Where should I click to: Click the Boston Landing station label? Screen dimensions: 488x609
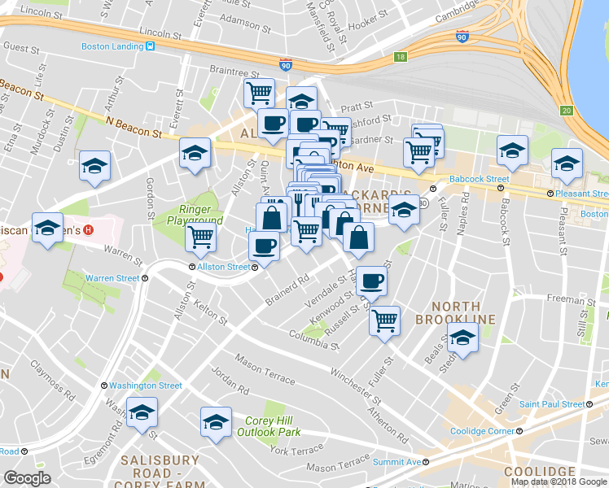112,46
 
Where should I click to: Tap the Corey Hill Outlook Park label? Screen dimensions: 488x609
273,426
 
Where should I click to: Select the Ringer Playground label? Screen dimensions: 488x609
195,214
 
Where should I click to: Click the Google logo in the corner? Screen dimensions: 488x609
27,478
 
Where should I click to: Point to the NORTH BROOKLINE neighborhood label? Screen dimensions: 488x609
456,311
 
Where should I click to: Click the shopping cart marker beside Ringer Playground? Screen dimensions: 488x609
200,237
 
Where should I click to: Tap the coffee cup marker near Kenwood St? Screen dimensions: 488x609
371,281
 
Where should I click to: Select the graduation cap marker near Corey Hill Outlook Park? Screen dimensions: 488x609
216,421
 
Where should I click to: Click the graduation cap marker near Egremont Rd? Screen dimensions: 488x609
142,412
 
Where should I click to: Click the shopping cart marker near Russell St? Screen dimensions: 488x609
384,319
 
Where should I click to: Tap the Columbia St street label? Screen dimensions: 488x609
313,339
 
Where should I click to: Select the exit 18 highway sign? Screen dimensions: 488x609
400,57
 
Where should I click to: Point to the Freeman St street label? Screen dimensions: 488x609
565,299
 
